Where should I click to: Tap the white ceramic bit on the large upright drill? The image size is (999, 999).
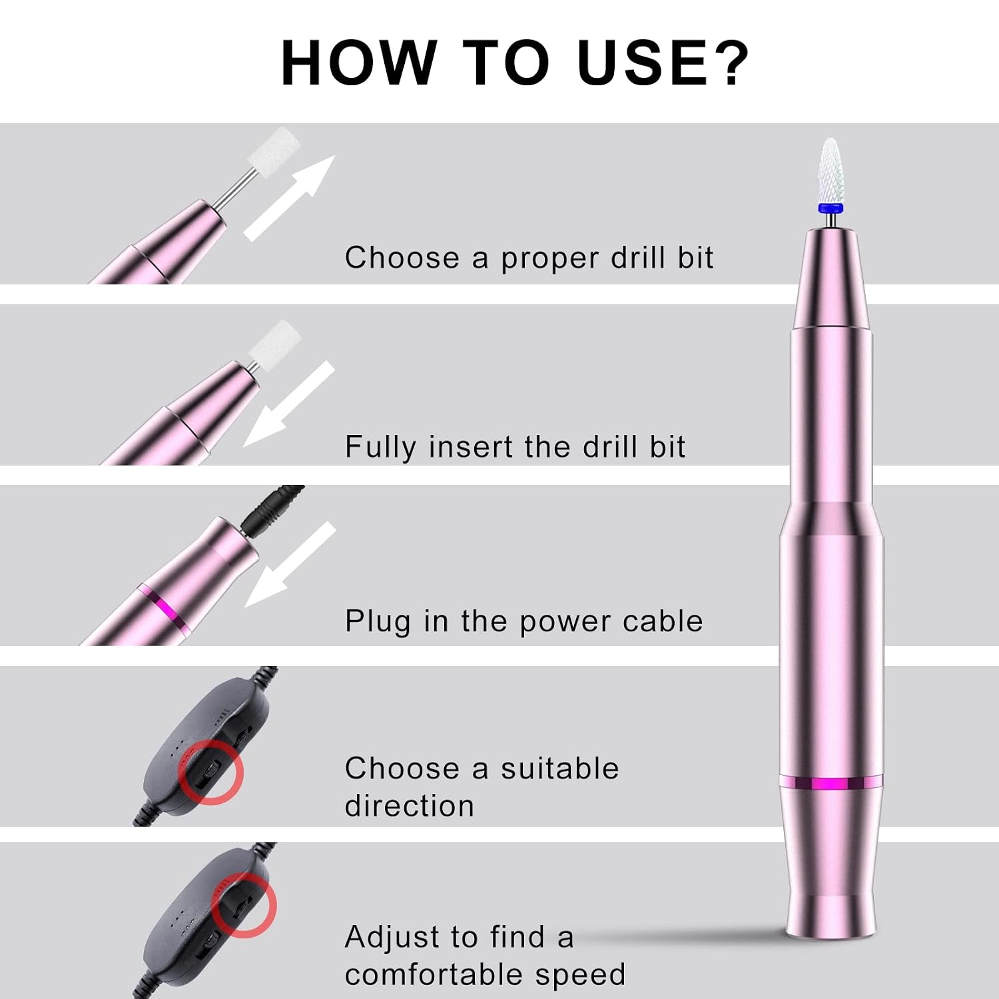(x=830, y=170)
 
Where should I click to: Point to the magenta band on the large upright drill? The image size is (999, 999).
(x=831, y=783)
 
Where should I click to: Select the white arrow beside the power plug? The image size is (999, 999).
(x=290, y=564)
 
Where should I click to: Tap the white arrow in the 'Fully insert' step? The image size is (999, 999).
(x=289, y=404)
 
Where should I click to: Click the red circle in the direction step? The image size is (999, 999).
(x=211, y=772)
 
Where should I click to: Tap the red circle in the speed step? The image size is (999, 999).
(x=244, y=906)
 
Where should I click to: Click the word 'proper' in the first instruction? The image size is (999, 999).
(x=550, y=258)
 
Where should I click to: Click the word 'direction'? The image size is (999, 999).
(x=410, y=805)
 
